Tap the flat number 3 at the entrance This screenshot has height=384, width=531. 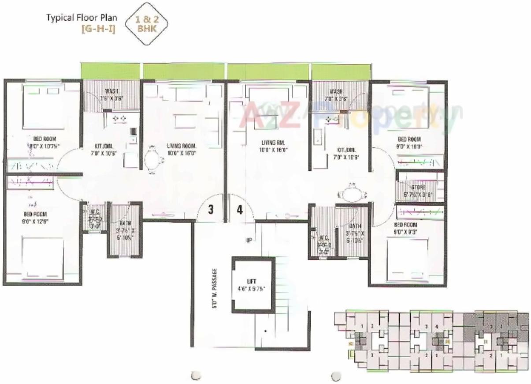(x=211, y=210)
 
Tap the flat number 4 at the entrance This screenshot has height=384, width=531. (x=240, y=210)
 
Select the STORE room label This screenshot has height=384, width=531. (x=418, y=187)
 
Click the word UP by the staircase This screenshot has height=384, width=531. (x=249, y=240)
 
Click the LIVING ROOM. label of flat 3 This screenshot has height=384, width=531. (x=182, y=145)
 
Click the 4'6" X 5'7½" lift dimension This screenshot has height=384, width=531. (x=251, y=290)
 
